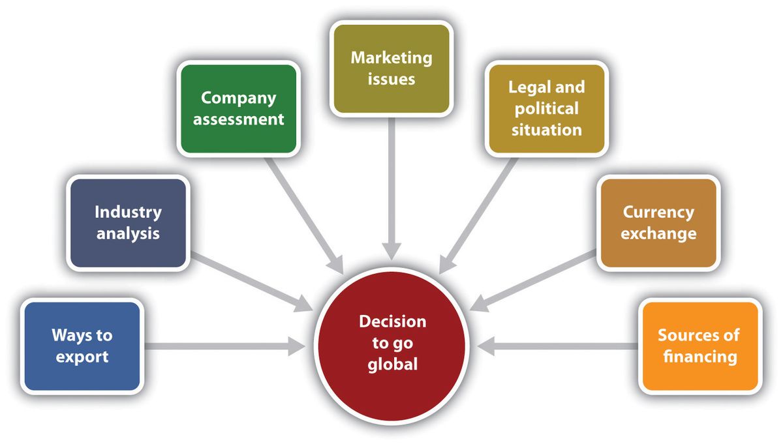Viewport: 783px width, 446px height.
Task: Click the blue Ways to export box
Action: (x=82, y=346)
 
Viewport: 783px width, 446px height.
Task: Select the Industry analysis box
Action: (x=128, y=222)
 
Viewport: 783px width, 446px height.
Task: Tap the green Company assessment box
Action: (x=238, y=108)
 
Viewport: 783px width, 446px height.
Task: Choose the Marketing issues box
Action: (x=391, y=68)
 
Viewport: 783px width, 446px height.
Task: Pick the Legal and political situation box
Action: (x=546, y=108)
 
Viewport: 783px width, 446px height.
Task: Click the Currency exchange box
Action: (x=658, y=222)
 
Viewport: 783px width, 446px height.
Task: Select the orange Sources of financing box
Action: (x=699, y=346)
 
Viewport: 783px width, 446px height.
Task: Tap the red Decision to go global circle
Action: (x=391, y=342)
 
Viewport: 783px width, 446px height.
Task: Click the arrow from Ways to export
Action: (x=222, y=346)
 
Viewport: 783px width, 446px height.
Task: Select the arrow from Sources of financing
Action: (x=561, y=346)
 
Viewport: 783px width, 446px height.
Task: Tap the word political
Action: (x=546, y=108)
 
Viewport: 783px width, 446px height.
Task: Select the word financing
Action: (x=699, y=357)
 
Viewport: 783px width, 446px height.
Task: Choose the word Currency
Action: (x=658, y=212)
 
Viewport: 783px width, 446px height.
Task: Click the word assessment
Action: (x=242, y=119)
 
